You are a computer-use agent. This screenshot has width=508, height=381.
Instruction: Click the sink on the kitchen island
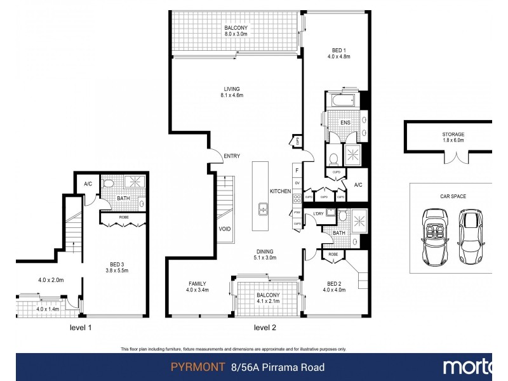262,209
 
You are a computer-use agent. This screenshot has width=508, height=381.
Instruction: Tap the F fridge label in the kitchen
297,170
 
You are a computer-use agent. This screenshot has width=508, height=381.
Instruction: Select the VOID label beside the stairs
224,229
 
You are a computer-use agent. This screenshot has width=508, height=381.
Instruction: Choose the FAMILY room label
197,288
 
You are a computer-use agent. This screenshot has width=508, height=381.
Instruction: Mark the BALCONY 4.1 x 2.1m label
267,298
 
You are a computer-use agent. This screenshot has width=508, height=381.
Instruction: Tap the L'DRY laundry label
318,213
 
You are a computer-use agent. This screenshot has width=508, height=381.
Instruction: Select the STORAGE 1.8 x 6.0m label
453,138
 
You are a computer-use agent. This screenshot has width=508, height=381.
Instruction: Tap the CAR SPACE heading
453,196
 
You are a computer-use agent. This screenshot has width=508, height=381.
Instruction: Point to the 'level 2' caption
265,328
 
